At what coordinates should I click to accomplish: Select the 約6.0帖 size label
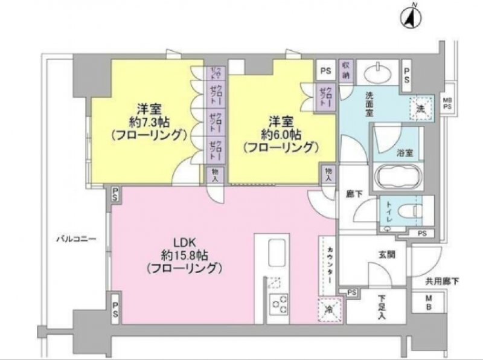click(x=281, y=134)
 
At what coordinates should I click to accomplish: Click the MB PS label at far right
click(x=447, y=103)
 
